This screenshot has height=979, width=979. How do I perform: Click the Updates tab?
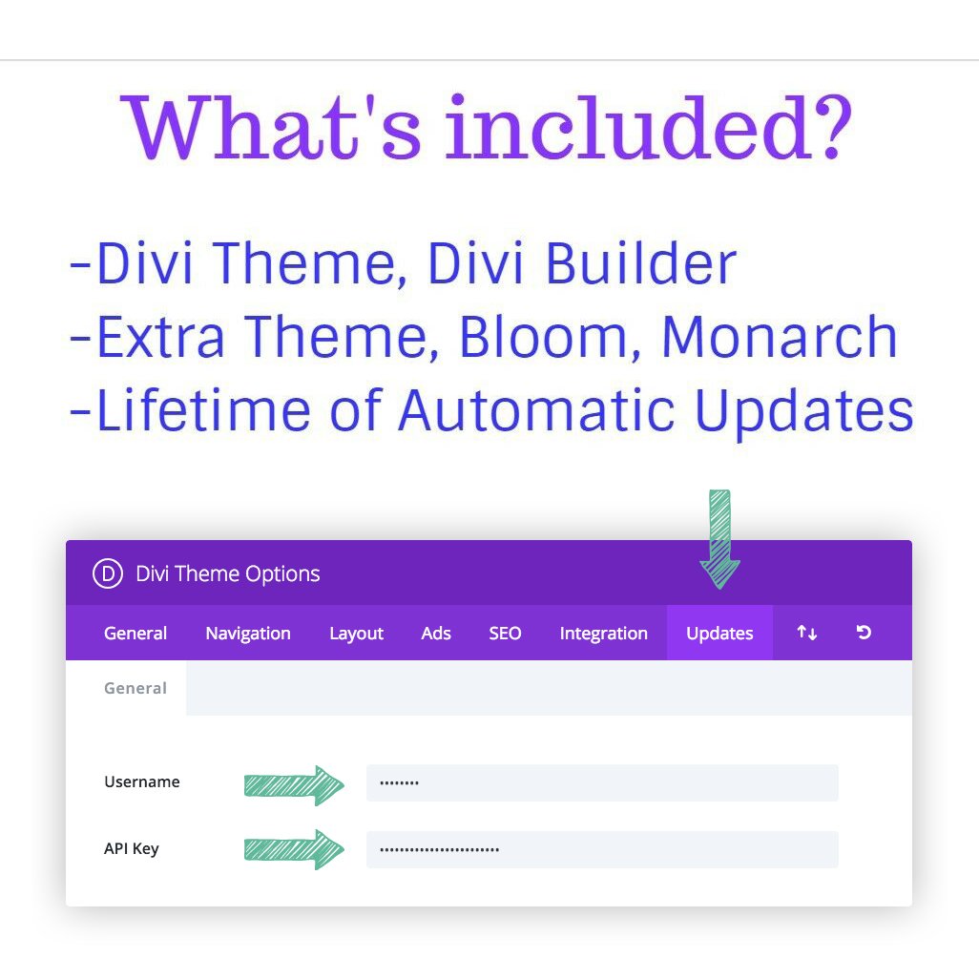[719, 633]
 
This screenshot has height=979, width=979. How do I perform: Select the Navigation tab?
[248, 633]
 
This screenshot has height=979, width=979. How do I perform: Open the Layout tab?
[356, 633]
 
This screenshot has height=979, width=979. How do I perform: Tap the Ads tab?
[436, 633]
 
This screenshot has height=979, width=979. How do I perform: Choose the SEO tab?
[505, 633]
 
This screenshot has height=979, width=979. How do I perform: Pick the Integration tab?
[603, 633]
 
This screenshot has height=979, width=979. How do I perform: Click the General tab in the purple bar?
[135, 633]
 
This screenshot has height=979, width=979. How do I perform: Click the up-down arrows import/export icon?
[806, 633]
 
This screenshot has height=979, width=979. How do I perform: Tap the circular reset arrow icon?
[864, 633]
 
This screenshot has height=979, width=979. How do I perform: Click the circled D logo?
[108, 573]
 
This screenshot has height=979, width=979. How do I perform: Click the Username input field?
[602, 782]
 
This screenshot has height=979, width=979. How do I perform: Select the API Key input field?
[602, 849]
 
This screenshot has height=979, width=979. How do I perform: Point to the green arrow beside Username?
[294, 785]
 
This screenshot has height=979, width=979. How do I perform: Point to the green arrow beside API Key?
[294, 849]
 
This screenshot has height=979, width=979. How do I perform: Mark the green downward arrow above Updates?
[719, 539]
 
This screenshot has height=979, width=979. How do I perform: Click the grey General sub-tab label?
[135, 688]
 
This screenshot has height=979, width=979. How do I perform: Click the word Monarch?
[780, 337]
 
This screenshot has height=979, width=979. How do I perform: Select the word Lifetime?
[203, 409]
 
